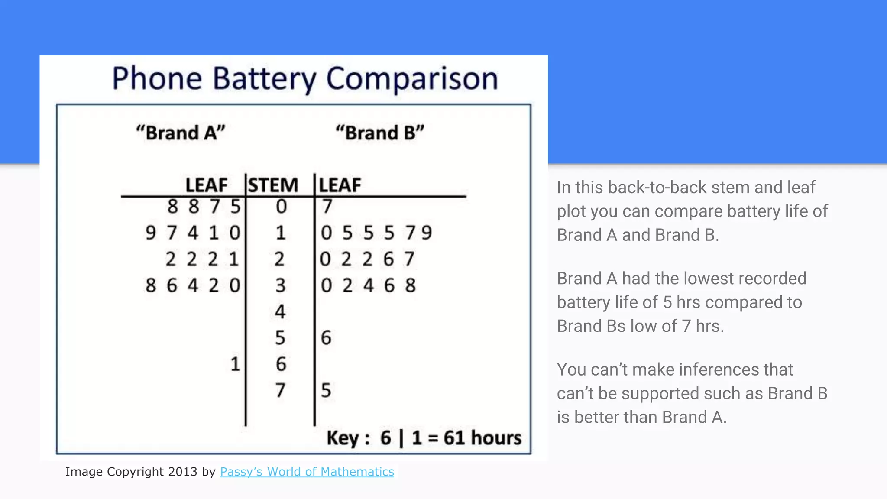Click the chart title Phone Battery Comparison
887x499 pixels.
[x=305, y=78]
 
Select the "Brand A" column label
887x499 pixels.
[x=181, y=133]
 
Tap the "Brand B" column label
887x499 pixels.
[x=380, y=133]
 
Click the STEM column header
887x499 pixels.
[x=273, y=185]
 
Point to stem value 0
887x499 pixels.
[x=281, y=207]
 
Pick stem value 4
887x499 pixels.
[x=280, y=311]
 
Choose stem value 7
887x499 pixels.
[x=280, y=390]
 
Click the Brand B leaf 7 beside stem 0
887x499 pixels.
[x=327, y=207]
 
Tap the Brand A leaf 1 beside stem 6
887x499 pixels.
[x=235, y=364]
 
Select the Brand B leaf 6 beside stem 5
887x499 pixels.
[x=326, y=338]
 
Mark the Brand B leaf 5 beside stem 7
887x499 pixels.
[x=326, y=390]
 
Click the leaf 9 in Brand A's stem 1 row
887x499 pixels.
[x=150, y=233]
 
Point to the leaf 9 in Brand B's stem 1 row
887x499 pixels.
[x=427, y=233]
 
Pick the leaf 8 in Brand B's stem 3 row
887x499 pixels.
[x=410, y=285]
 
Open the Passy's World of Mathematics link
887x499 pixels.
[x=307, y=472]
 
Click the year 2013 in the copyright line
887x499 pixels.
[x=183, y=472]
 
